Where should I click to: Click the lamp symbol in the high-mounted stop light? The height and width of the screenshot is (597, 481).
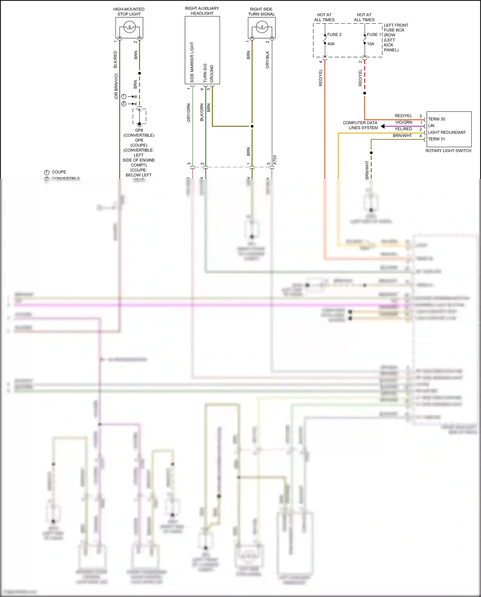[x=130, y=27]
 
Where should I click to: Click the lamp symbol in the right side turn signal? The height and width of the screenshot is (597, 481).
[x=262, y=27]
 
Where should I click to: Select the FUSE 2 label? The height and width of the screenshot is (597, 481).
[x=334, y=35]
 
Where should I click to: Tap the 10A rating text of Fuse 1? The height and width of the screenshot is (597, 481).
[x=370, y=44]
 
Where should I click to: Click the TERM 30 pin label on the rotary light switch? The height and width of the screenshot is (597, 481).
[x=436, y=119]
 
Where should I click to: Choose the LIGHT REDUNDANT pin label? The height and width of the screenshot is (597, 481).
[x=447, y=132]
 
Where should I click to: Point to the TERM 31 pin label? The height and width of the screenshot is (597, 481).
[x=436, y=139]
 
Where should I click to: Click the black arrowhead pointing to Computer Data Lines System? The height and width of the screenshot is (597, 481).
[x=382, y=126]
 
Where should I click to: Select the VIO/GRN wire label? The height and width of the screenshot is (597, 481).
[x=404, y=123]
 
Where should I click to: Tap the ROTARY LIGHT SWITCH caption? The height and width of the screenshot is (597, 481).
[x=448, y=151]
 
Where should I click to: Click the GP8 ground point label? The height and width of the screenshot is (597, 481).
[x=139, y=130]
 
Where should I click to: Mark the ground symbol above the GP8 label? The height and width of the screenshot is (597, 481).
[x=139, y=124]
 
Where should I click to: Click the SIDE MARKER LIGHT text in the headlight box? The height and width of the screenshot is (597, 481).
[x=192, y=62]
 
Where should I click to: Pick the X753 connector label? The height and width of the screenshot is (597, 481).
[x=274, y=160]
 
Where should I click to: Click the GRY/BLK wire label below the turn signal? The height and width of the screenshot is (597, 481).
[x=267, y=60]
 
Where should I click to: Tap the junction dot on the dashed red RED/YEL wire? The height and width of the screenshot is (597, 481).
[x=365, y=93]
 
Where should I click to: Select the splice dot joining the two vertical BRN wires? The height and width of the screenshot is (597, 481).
[x=252, y=126]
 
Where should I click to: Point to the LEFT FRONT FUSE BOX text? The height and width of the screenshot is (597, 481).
[x=396, y=28]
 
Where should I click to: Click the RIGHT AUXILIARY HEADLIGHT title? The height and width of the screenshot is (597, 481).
[x=202, y=11]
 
